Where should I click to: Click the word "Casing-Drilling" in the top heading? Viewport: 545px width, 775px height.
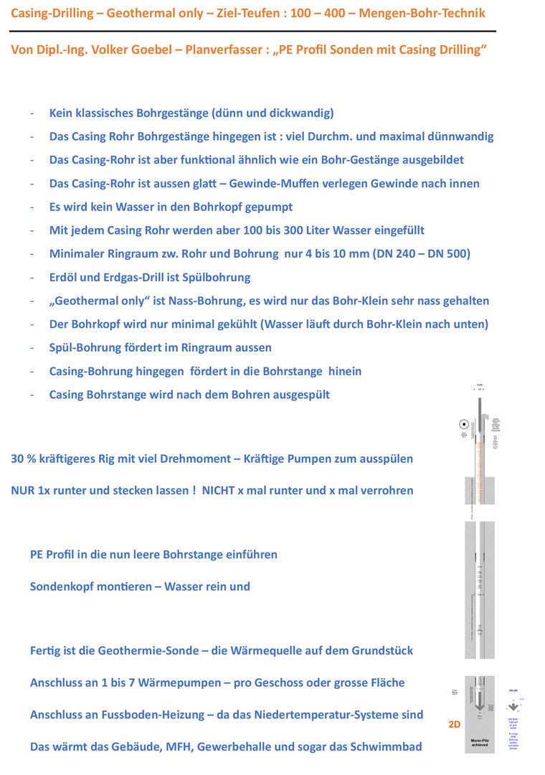[x=49, y=13]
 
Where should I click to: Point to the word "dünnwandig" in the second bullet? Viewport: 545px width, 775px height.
[x=458, y=136]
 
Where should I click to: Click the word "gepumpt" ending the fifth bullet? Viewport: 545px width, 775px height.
[x=269, y=207]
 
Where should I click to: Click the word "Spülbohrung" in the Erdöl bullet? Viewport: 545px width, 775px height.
[x=217, y=277]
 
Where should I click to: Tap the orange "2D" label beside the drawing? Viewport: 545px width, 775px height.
[x=454, y=725]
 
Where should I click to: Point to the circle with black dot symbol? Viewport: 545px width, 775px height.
[x=464, y=424]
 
